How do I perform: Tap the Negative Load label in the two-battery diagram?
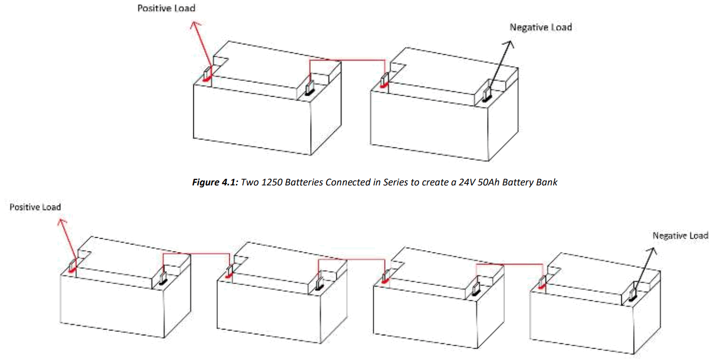click(540, 27)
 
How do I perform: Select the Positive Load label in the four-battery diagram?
click(35, 207)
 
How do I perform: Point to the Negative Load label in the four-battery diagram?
click(680, 236)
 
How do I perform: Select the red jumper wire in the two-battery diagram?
click(347, 60)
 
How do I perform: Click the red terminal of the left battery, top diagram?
click(207, 76)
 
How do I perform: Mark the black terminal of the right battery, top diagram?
click(486, 96)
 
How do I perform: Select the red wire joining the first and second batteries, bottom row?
click(196, 254)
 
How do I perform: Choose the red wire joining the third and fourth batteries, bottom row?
click(509, 265)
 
